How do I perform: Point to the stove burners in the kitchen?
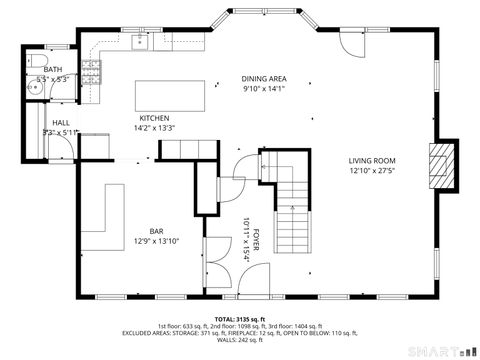click(91, 69)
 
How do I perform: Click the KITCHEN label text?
click(154, 118)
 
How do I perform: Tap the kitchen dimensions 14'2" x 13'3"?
click(154, 128)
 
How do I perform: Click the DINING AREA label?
click(264, 78)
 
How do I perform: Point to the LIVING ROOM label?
click(372, 161)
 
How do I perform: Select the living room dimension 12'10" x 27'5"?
click(372, 171)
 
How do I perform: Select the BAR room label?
click(157, 230)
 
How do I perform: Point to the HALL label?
click(48, 122)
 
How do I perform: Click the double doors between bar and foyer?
click(218, 254)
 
